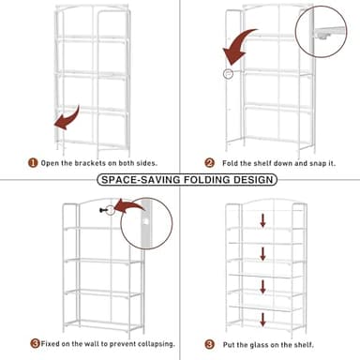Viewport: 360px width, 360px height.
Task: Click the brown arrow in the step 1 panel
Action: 67,119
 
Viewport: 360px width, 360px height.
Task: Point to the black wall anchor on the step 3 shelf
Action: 110,210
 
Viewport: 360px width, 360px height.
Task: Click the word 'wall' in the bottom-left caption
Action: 92,343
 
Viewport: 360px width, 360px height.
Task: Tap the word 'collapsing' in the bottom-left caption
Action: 151,343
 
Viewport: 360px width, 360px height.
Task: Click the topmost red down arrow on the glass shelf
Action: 264,221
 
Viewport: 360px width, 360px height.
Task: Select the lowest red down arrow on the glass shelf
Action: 264,309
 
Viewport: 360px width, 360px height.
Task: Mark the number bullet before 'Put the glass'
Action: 225,343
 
